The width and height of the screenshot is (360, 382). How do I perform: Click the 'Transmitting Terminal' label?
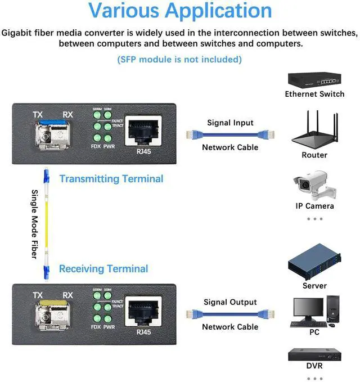pyautogui.click(x=111, y=179)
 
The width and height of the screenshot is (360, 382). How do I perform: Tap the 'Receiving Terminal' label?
pyautogui.click(x=103, y=269)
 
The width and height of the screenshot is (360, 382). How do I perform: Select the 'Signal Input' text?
pyautogui.click(x=230, y=123)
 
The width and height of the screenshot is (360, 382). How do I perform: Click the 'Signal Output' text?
pyautogui.click(x=230, y=302)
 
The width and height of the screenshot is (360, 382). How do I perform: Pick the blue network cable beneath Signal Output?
pyautogui.click(x=229, y=314)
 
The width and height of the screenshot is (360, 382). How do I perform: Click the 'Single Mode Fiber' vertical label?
pyautogui.click(x=34, y=224)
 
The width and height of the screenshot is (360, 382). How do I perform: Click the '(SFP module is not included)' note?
pyautogui.click(x=179, y=59)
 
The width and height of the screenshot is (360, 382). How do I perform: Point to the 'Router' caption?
pyautogui.click(x=314, y=155)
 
